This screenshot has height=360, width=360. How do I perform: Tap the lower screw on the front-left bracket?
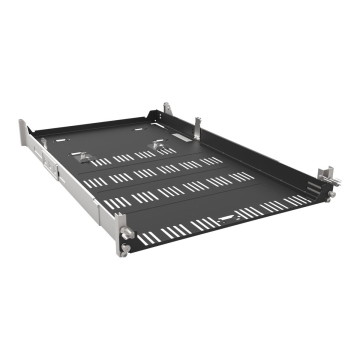tap(125, 249)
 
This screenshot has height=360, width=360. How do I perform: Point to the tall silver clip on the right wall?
tap(198, 129)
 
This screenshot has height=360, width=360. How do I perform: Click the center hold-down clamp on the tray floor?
tap(156, 145)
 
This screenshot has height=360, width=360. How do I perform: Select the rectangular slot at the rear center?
tap(138, 129)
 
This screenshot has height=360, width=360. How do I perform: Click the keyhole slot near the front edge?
tap(225, 218)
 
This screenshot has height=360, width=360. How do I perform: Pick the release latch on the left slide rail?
tap(48, 163)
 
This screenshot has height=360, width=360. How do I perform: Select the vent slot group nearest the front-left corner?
tap(148, 238)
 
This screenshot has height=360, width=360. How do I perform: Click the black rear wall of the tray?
tap(90, 124)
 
